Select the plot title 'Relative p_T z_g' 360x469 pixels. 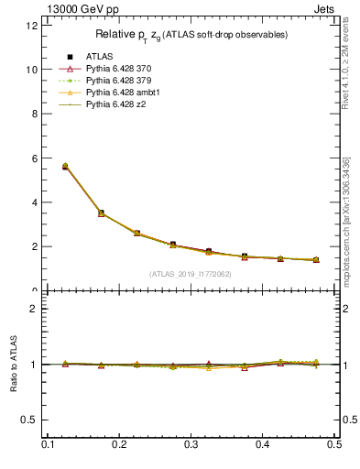[x=191, y=35]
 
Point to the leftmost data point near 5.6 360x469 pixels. [x=64, y=167]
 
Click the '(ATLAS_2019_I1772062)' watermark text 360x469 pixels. [x=190, y=274]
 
